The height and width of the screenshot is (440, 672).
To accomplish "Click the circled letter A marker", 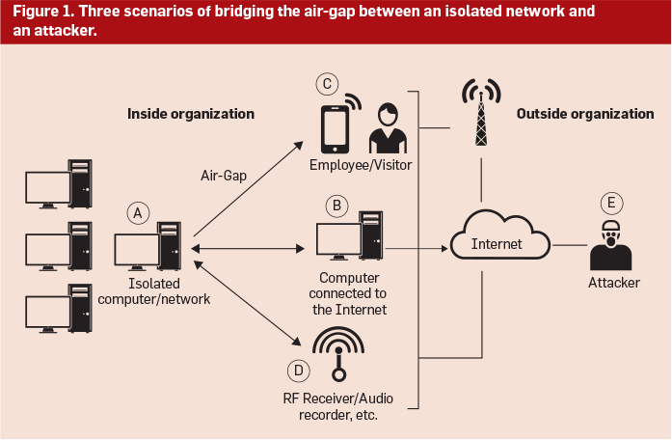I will tap(140, 211).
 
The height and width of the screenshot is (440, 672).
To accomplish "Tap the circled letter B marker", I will tap(336, 206).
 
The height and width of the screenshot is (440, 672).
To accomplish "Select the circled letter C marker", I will tap(330, 85).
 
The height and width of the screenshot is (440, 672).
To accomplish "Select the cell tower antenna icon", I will tap(481, 111).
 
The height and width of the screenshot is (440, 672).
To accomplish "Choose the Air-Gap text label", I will tap(223, 176).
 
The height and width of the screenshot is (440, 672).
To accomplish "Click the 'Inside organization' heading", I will tap(191, 114).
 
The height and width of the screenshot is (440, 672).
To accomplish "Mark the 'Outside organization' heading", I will tap(584, 114).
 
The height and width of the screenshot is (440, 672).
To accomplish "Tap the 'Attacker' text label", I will tap(613, 284).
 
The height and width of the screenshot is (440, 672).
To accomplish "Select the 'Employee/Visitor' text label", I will tap(360, 165).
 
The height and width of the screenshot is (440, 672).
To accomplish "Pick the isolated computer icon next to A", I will tap(149, 247).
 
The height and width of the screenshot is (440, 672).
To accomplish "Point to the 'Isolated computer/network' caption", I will tap(155, 291).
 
